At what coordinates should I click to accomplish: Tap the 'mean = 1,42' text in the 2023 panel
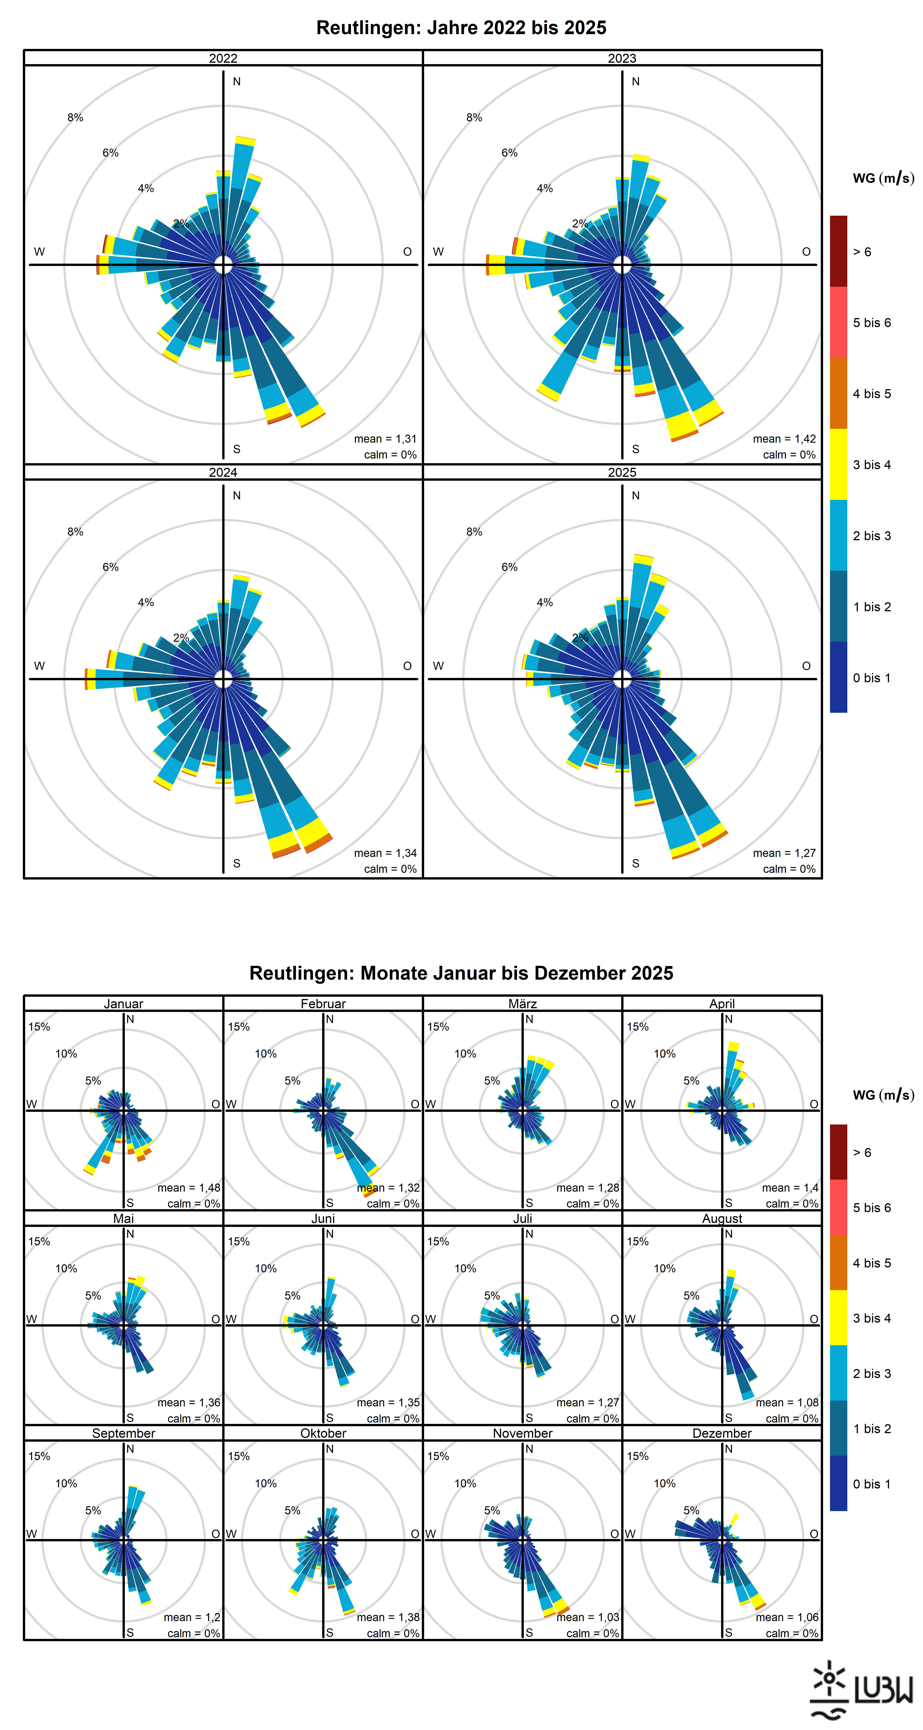tap(784, 438)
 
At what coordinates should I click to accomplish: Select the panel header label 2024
tap(223, 472)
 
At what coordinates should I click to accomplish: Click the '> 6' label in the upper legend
tap(862, 252)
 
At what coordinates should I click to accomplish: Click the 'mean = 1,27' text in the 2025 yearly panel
tap(784, 853)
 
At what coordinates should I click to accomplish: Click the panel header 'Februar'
tap(323, 1003)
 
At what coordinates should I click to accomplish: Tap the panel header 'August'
tap(722, 1218)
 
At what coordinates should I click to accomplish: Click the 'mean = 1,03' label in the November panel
tap(588, 1617)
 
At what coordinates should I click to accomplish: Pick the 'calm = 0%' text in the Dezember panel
tap(792, 1633)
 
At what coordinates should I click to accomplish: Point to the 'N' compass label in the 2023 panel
tap(635, 81)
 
